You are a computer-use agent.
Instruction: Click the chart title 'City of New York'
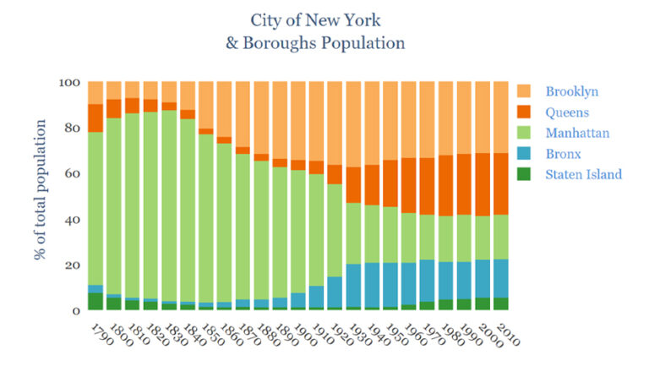click(x=315, y=19)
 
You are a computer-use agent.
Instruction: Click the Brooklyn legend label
click(x=570, y=91)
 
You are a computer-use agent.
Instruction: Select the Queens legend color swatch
click(x=526, y=112)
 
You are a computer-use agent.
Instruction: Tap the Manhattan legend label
click(x=576, y=133)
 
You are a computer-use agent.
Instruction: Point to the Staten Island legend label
click(x=583, y=174)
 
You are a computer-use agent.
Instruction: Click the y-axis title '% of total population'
click(x=40, y=196)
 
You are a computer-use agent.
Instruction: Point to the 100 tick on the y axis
click(x=69, y=83)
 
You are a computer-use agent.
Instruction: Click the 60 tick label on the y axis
click(x=73, y=174)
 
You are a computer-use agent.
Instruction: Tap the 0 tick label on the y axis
click(x=76, y=310)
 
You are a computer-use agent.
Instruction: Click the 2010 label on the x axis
click(x=507, y=331)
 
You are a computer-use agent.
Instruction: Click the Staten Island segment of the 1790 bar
click(x=95, y=302)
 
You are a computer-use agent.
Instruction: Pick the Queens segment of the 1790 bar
click(x=95, y=118)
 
